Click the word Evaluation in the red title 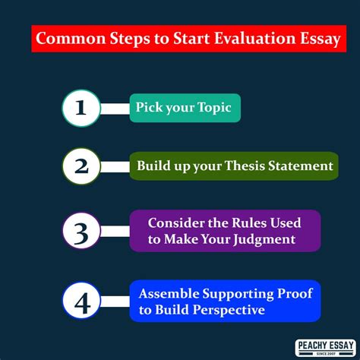tap(255, 39)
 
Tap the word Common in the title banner tap(71, 39)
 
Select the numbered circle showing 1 tap(81, 108)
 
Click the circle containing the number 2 tap(81, 166)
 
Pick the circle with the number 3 tap(81, 231)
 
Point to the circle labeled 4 tap(81, 301)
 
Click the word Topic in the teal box tap(214, 108)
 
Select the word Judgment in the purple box tap(264, 239)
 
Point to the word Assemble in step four tap(169, 294)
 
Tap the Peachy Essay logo tap(326, 348)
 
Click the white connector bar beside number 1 tap(115, 109)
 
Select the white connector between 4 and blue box tap(115, 302)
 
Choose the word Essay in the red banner tap(321, 39)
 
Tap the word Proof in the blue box tap(295, 294)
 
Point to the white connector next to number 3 tap(115, 232)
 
